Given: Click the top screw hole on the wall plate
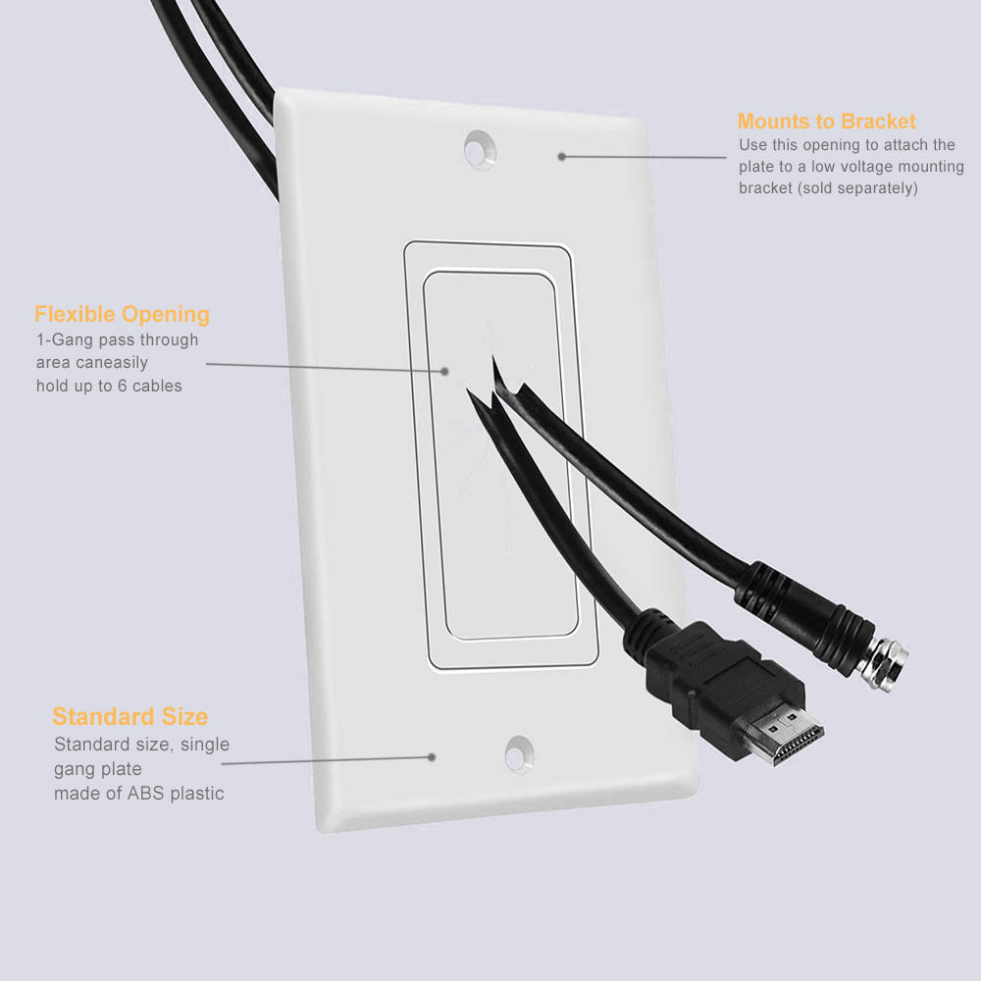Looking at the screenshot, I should tap(480, 148).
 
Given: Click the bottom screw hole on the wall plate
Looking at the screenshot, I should tap(518, 752).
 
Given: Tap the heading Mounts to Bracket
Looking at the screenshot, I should tap(826, 122).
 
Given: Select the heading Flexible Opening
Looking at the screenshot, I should tap(122, 315).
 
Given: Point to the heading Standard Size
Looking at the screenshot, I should tap(129, 716).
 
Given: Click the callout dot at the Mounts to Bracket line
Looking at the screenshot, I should tap(562, 156).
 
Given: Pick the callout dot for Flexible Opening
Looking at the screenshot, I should tap(444, 371).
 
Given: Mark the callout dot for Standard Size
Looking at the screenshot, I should tap(431, 756).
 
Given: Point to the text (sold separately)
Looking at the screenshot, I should tap(857, 187).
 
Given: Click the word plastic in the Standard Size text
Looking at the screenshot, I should tap(198, 794).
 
